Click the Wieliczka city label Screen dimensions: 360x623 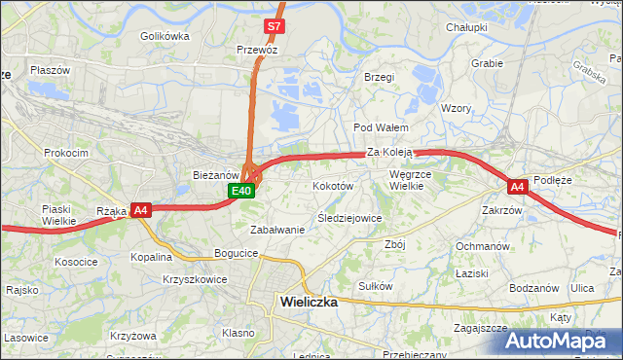click(309, 302)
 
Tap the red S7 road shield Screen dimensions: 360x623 click(275, 26)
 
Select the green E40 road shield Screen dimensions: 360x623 click(243, 191)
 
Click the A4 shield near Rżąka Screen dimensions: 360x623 click(140, 209)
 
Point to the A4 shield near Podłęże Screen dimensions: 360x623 click(517, 186)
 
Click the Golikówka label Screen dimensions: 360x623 click(165, 36)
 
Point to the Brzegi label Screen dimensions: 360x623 click(378, 77)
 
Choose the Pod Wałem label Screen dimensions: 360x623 click(381, 127)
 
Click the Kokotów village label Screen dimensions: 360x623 click(332, 185)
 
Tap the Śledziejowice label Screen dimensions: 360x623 click(349, 218)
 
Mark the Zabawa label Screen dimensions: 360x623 click(278, 230)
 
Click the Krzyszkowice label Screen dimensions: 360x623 click(196, 279)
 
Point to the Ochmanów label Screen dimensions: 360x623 click(484, 246)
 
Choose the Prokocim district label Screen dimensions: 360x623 click(66, 153)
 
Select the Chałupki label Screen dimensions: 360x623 click(466, 28)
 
